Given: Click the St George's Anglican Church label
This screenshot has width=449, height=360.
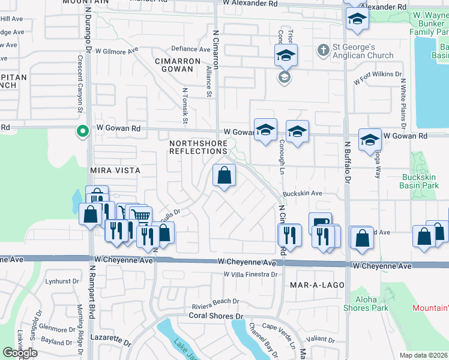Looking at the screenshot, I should tap(364, 51).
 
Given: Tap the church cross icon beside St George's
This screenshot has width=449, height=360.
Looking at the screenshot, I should tap(323, 50).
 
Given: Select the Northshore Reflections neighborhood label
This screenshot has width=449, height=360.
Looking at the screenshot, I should tap(198, 147).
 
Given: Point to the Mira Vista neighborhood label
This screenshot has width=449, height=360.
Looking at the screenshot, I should tap(115, 170).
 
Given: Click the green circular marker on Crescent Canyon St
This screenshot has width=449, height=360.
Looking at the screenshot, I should tap(82, 130).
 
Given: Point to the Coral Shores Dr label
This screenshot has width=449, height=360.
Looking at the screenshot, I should tap(216, 316).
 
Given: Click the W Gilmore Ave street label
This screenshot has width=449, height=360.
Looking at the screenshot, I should tap(116, 51).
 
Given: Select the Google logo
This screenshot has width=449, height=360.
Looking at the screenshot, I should tap(20, 353).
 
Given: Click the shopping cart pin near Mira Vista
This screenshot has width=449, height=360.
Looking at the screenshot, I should tap(140, 215).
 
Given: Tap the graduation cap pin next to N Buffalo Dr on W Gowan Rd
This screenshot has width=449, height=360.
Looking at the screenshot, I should tap(370, 140).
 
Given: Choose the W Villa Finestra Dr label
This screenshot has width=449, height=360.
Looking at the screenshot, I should tap(250, 274).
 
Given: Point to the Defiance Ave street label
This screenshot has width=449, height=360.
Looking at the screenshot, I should tap(191, 49).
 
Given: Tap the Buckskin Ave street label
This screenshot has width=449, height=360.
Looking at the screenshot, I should tap(303, 194).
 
